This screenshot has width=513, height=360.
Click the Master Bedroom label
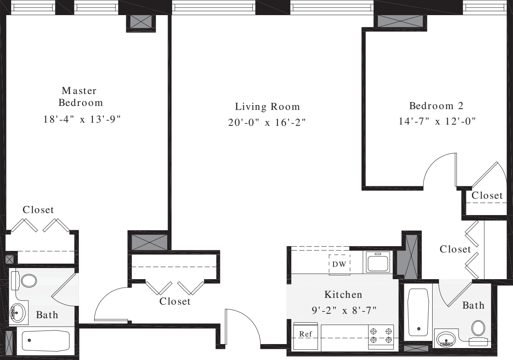coord(81,97)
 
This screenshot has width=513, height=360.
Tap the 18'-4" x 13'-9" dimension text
coord(82,119)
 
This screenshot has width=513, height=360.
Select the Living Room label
coord(267,107)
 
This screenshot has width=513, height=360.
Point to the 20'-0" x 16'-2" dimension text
coord(267,123)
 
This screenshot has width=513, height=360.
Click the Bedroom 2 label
coord(437,106)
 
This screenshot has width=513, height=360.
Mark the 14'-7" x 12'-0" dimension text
coord(437,121)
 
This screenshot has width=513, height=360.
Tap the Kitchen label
coord(343,295)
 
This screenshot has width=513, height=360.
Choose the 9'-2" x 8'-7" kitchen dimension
coord(343,310)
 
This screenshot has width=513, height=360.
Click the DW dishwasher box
coord(339,264)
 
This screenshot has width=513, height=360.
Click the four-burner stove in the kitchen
coord(381,337)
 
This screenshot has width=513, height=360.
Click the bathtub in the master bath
coord(45,341)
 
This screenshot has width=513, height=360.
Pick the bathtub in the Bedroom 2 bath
coord(418,311)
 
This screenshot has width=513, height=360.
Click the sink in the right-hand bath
coord(446,339)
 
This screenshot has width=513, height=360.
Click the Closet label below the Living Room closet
coord(175,301)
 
